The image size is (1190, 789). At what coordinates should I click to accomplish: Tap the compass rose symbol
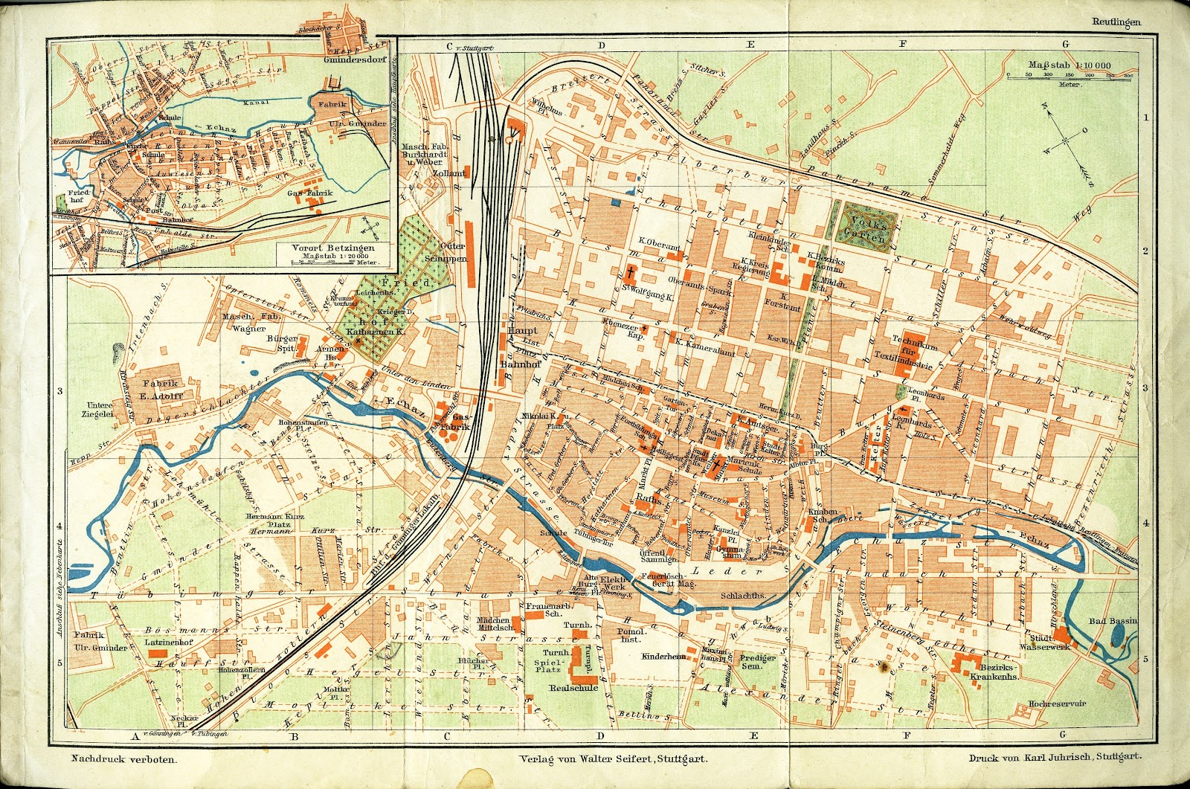click(x=1065, y=140)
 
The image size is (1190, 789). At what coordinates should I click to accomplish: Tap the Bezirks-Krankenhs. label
click(x=993, y=672)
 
